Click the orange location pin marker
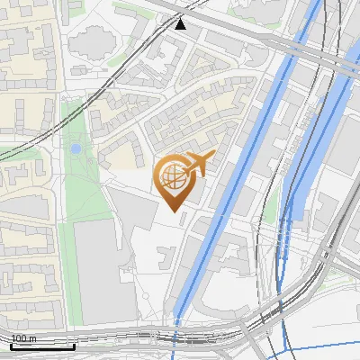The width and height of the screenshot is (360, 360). [176, 180]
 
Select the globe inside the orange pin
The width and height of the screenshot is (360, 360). [174, 177]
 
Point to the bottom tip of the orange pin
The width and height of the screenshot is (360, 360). [174, 211]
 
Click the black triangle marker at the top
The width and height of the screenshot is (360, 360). [181, 23]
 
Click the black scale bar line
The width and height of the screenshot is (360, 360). [42, 346]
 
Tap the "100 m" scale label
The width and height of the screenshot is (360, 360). [23, 338]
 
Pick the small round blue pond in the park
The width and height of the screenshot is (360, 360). [76, 148]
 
